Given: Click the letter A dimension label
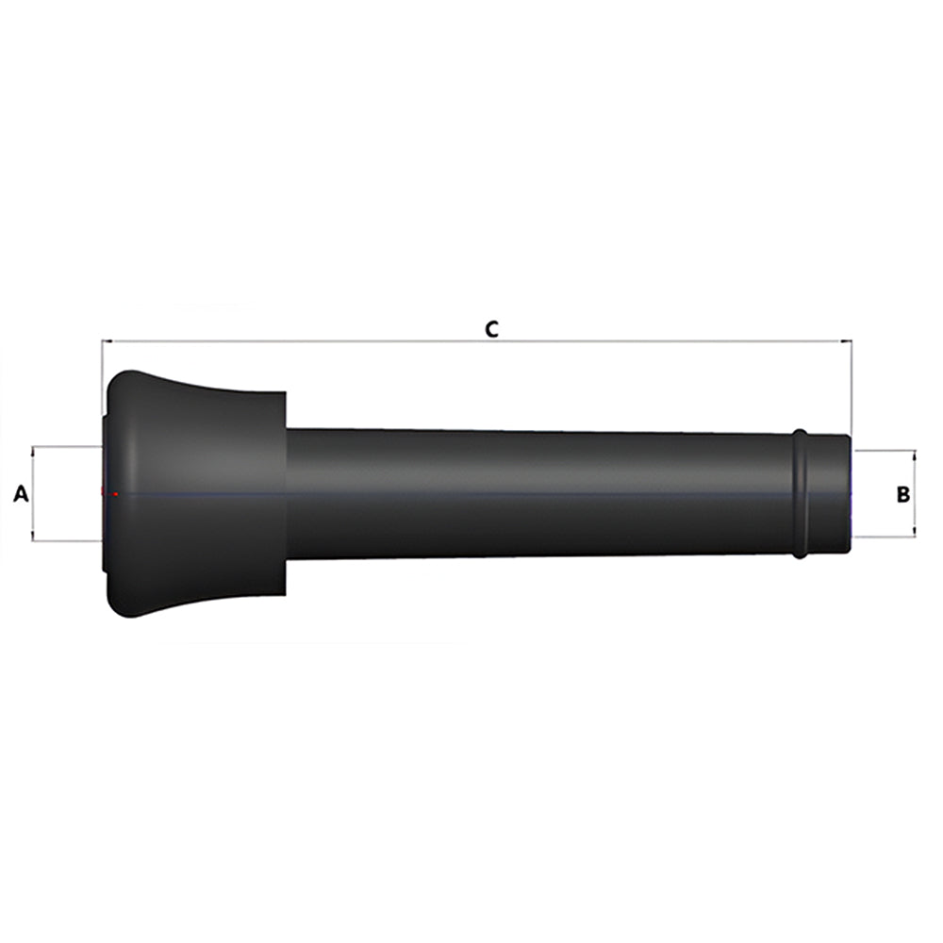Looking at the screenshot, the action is pos(21,494).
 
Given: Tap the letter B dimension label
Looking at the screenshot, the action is pos(902,494).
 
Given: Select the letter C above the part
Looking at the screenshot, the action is pos(491,329).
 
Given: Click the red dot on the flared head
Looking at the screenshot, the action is pos(115,494).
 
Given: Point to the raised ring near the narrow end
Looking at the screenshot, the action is pos(800,493).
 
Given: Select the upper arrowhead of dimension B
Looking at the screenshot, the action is pos(915,455).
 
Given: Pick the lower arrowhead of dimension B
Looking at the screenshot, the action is pos(915,531).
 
